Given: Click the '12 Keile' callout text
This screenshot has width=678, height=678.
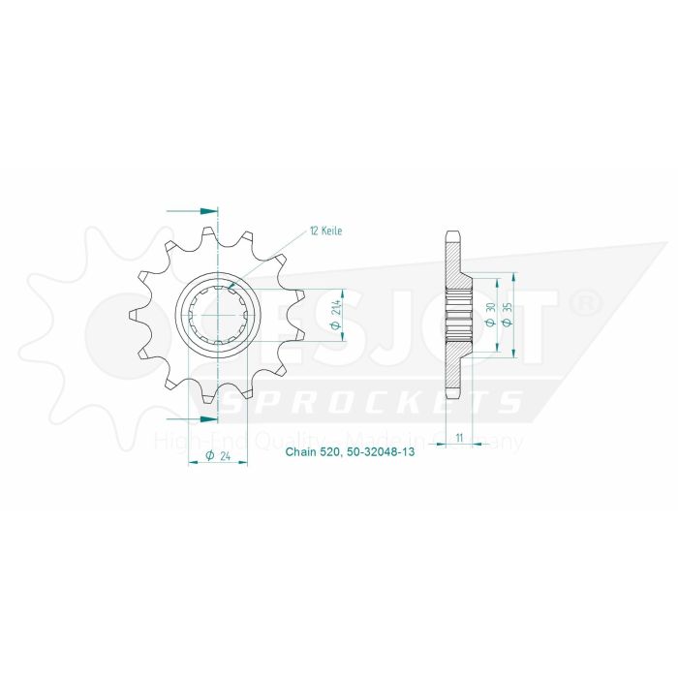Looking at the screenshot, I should (326, 231).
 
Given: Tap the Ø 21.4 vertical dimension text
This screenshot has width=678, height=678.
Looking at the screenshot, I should (335, 315).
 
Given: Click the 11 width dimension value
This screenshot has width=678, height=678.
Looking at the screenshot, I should (457, 438).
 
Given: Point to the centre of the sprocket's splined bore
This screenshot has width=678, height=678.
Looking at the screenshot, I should (218, 315).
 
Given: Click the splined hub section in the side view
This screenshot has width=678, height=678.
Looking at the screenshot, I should (457, 315).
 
